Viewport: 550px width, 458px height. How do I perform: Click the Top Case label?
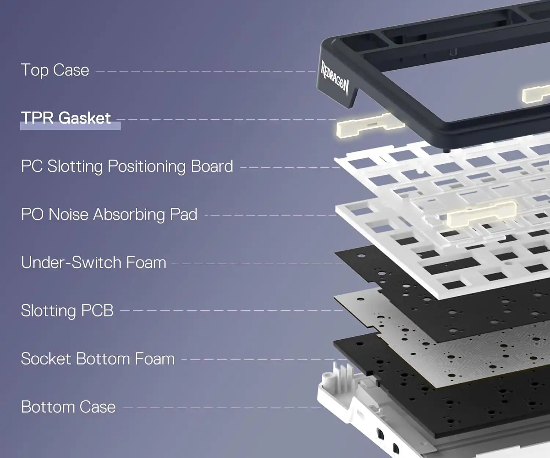55,70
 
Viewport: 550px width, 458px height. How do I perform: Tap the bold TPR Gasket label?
66,118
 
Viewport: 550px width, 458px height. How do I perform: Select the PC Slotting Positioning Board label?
127,166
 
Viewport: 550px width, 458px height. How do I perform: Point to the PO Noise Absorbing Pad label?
109,214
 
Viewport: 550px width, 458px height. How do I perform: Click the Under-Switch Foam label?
93,263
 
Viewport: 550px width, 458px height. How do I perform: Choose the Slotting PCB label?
67,311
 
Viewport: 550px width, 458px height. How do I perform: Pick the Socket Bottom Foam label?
98,359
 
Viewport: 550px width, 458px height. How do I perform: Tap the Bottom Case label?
68,407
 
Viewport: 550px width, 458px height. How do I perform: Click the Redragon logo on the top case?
334,77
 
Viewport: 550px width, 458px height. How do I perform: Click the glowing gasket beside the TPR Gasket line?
370,125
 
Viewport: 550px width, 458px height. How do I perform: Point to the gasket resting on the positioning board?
481,214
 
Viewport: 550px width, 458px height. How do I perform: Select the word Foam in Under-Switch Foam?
146,263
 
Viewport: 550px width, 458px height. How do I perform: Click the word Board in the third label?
212,166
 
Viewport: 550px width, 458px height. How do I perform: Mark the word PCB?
97,311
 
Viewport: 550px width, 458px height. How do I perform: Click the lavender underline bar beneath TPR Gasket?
70,126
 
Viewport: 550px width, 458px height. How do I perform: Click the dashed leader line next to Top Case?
206,71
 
